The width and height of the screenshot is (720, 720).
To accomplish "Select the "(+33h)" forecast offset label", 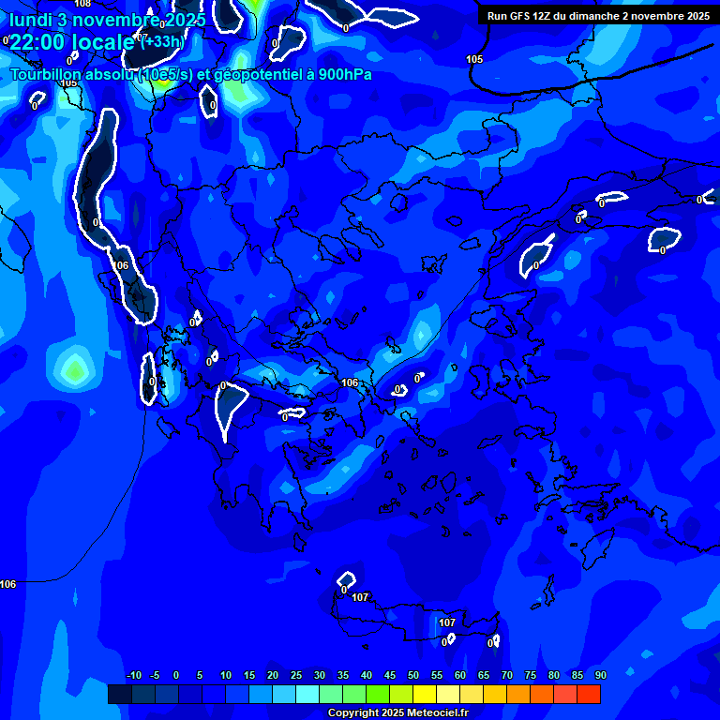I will pyautogui.click(x=162, y=41).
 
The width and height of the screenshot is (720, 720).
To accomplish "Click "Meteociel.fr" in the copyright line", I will pyautogui.click(x=436, y=713).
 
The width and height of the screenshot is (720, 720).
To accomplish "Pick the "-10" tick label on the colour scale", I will pyautogui.click(x=133, y=676).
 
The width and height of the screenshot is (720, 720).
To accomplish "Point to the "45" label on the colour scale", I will pyautogui.click(x=413, y=676).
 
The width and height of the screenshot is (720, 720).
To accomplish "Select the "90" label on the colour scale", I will pyautogui.click(x=601, y=676).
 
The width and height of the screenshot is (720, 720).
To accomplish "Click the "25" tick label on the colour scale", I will pyautogui.click(x=296, y=676).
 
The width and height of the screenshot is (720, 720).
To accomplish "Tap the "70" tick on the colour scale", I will pyautogui.click(x=507, y=676).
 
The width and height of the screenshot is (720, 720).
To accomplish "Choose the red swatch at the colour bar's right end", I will pyautogui.click(x=589, y=694).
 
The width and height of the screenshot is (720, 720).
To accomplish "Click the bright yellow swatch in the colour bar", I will pyautogui.click(x=425, y=694).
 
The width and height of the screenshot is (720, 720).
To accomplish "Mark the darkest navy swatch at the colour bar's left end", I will pyautogui.click(x=120, y=694).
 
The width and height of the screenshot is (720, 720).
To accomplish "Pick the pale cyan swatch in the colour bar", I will pyautogui.click(x=307, y=694).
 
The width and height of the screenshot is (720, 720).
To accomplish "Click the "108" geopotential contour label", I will pyautogui.click(x=82, y=4).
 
